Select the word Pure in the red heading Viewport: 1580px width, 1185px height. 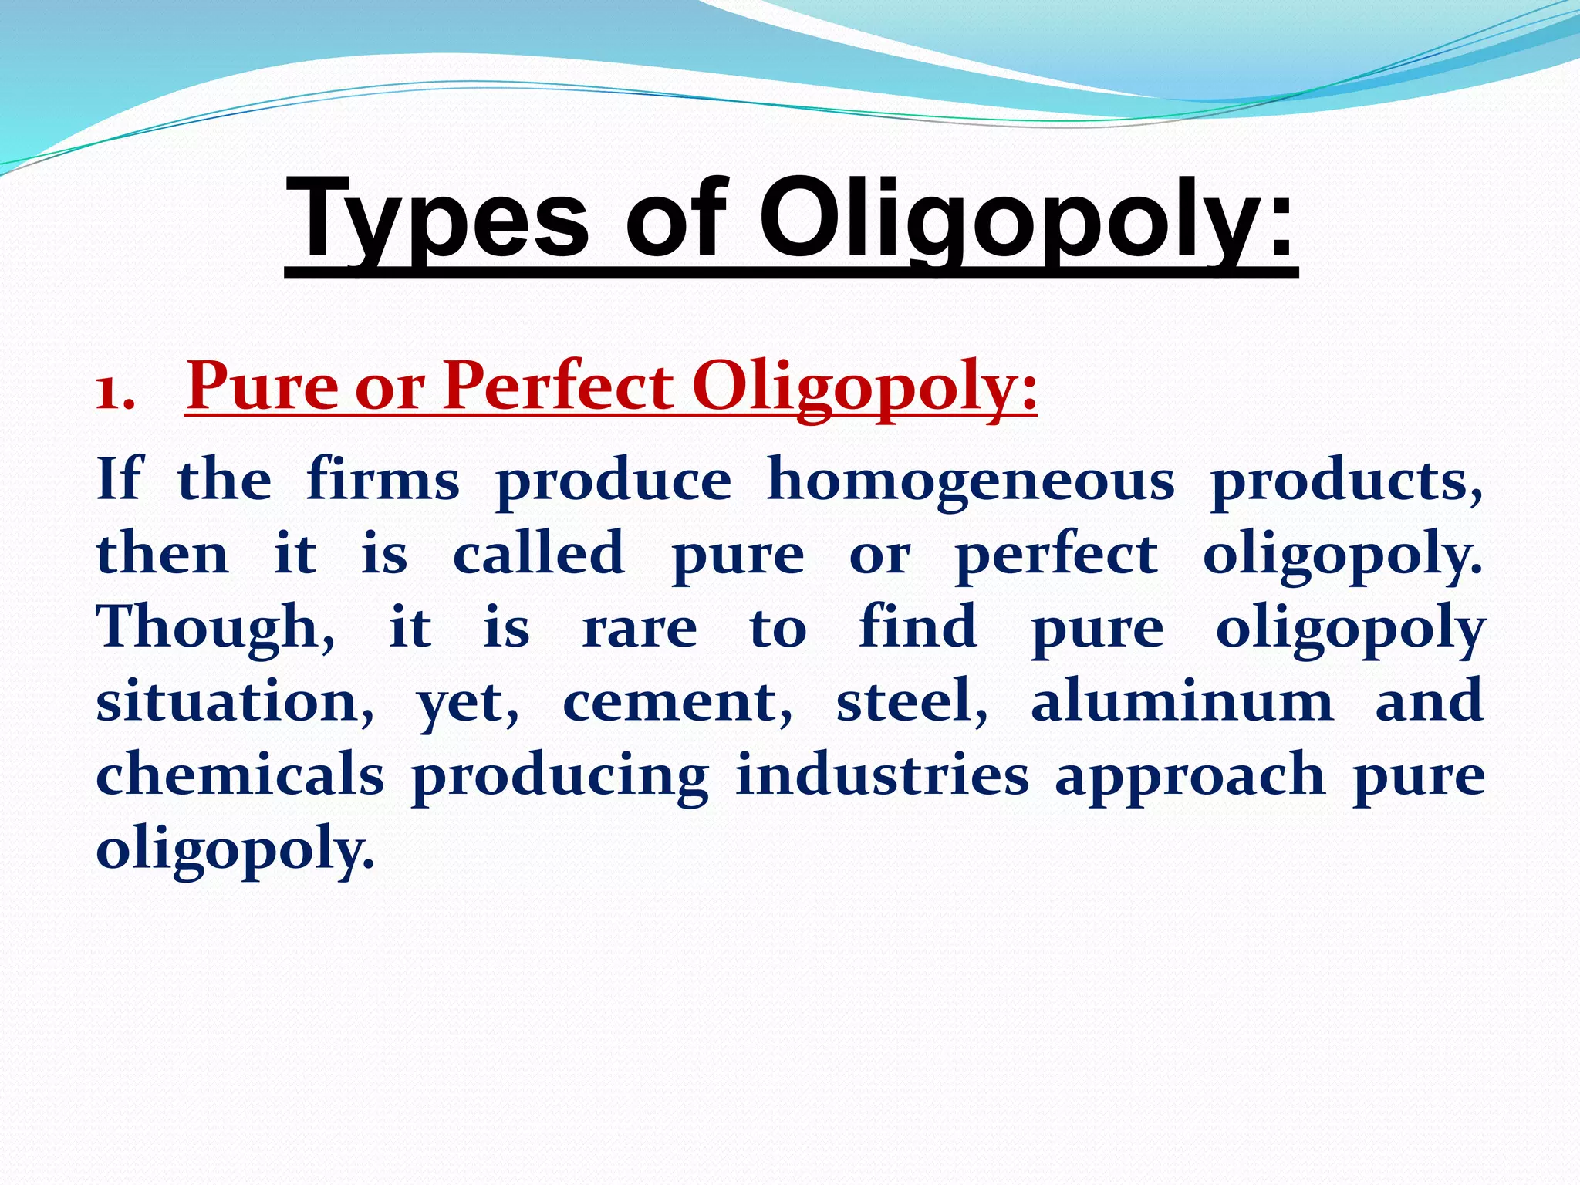click(262, 386)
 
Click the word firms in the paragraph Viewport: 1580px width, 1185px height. click(383, 480)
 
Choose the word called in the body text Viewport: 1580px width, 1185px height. click(538, 554)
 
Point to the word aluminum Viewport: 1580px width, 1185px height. click(1182, 701)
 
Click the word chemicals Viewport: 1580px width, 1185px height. click(240, 775)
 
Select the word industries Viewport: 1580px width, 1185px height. click(882, 775)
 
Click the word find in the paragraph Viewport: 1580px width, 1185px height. click(918, 626)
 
